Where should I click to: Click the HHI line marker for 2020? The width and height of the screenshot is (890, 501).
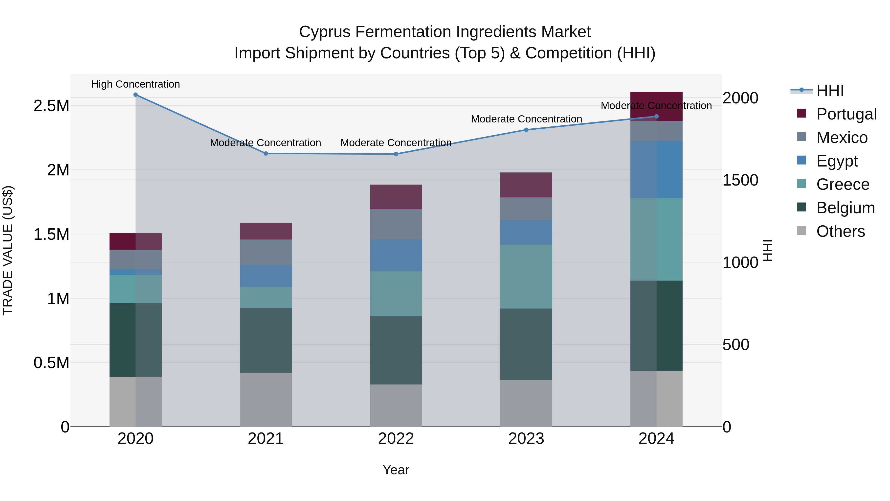(135, 95)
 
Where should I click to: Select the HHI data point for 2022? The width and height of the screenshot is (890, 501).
(396, 154)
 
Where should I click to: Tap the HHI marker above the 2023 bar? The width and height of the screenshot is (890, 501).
(526, 130)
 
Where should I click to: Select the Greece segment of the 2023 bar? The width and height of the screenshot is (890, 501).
(526, 277)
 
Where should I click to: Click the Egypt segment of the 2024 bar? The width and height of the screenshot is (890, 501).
(656, 169)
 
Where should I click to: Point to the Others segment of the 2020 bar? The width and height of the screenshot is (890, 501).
(135, 402)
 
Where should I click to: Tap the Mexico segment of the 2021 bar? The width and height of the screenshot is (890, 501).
(266, 252)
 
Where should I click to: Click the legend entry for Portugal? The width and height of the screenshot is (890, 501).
(846, 114)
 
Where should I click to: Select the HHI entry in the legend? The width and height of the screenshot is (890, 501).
(830, 91)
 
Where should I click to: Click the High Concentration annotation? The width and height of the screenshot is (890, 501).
(135, 84)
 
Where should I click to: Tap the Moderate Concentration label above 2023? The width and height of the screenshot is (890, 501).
(526, 119)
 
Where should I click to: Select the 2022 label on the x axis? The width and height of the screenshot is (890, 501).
(396, 438)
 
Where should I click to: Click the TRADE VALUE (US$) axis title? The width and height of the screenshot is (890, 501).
(8, 250)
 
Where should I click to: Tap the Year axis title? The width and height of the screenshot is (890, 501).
(396, 470)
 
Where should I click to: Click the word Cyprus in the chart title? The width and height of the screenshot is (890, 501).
(324, 32)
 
